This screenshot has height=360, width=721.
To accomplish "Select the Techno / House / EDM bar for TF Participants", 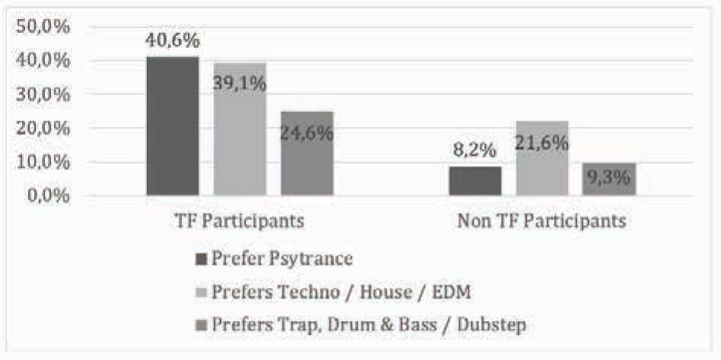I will click(240, 137).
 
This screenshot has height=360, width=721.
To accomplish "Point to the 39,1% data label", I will click(240, 83).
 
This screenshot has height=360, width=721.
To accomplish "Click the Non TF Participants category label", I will click(542, 221).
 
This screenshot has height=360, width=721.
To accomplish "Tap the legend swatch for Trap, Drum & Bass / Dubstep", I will click(202, 325).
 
